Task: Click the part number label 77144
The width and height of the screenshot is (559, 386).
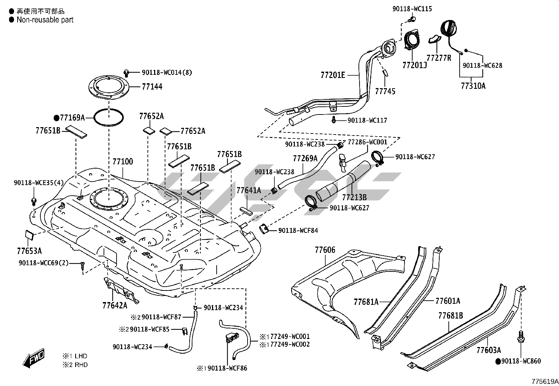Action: (x=152, y=87)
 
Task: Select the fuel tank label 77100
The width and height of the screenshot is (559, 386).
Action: (x=123, y=162)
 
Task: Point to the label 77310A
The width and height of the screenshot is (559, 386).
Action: (x=473, y=86)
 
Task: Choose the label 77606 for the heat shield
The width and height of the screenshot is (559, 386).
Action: (x=325, y=250)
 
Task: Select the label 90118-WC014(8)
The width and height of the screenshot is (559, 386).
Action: (x=167, y=73)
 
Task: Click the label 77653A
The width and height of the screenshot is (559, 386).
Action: (x=29, y=251)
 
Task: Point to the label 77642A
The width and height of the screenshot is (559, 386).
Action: (x=115, y=305)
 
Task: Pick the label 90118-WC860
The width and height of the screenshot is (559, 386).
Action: (x=521, y=361)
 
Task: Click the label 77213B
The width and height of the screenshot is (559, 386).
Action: (x=354, y=198)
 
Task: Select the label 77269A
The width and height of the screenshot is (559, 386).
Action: (x=305, y=158)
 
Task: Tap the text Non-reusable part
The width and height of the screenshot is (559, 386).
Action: (x=45, y=20)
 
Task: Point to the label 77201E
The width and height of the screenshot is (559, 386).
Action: (x=333, y=75)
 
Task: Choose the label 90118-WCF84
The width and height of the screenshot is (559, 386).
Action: (x=298, y=231)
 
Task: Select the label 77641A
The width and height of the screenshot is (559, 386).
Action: (x=249, y=190)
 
